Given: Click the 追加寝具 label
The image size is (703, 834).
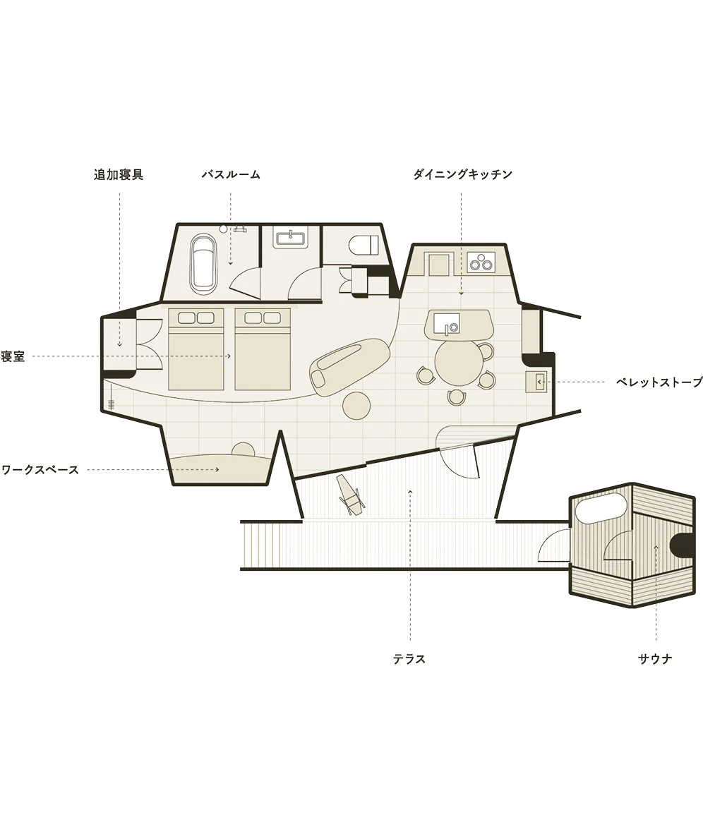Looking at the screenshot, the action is pyautogui.click(x=119, y=175).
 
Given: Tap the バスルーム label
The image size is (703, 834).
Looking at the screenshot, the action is pyautogui.click(x=231, y=175).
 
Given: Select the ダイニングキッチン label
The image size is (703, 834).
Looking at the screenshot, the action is pyautogui.click(x=462, y=175).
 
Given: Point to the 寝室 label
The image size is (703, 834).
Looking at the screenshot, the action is pyautogui.click(x=13, y=356).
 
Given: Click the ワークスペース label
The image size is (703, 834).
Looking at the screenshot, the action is pyautogui.click(x=40, y=470).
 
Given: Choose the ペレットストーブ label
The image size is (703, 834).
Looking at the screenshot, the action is pyautogui.click(x=659, y=382).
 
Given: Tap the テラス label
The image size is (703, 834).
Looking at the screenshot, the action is pyautogui.click(x=409, y=660).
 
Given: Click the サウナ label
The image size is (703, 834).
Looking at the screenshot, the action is pyautogui.click(x=655, y=660).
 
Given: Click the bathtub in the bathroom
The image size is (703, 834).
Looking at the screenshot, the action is pyautogui.click(x=203, y=263).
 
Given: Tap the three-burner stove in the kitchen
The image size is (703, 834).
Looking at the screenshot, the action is pyautogui.click(x=481, y=262).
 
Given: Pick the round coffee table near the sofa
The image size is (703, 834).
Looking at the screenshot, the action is pyautogui.click(x=356, y=406).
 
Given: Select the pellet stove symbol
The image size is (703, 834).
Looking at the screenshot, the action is pyautogui.click(x=536, y=382).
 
